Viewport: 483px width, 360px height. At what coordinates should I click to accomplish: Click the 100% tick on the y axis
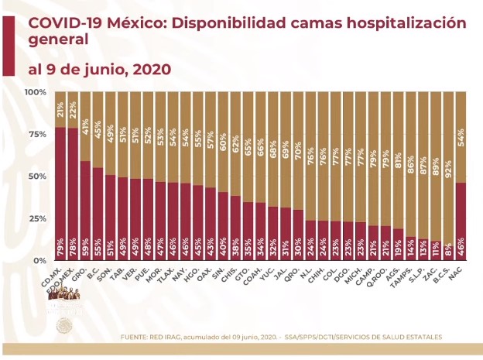click(x=35, y=93)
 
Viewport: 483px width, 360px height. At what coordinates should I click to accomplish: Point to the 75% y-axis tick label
click(x=36, y=135)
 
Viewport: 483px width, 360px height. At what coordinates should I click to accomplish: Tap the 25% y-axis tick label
click(x=36, y=219)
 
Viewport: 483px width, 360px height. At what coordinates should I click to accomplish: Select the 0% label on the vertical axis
click(x=39, y=261)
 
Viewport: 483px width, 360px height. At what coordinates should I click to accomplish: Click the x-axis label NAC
click(x=456, y=273)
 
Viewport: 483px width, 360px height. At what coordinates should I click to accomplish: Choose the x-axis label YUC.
click(x=269, y=273)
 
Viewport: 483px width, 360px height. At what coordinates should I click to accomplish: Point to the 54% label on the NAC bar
click(x=460, y=102)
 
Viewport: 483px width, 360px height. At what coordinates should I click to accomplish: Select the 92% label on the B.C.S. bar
click(x=447, y=102)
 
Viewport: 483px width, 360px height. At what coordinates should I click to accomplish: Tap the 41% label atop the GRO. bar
click(x=86, y=102)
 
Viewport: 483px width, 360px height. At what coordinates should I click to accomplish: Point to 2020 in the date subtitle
click(x=145, y=69)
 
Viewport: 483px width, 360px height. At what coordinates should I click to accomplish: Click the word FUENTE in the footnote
click(x=136, y=337)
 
